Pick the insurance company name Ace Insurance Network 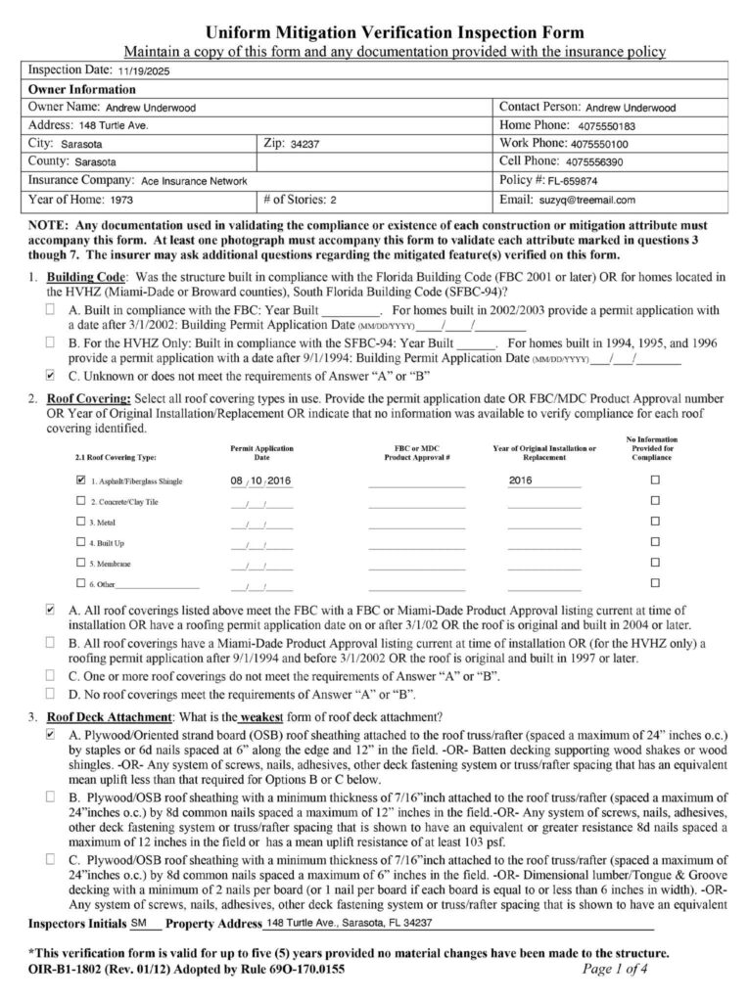point(192,181)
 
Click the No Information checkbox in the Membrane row point(655,565)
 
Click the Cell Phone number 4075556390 point(595,162)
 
